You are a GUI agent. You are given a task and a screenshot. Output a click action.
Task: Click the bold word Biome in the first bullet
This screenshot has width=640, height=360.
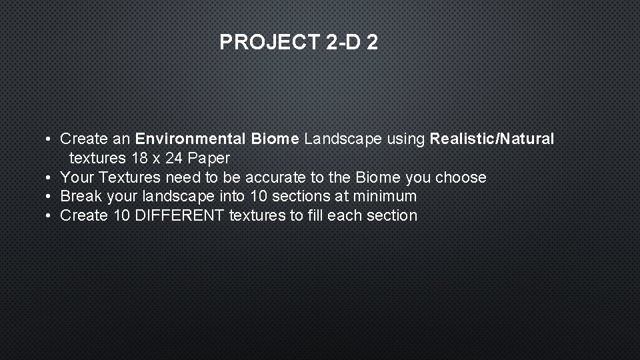275,139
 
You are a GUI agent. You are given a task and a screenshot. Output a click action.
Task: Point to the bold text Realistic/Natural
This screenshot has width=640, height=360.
491,139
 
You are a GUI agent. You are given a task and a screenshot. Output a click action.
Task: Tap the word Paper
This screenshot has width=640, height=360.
209,159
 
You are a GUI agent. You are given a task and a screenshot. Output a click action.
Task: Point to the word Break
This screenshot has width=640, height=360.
80,197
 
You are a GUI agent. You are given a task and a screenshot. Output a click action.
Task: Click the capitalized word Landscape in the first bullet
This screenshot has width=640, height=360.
343,139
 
